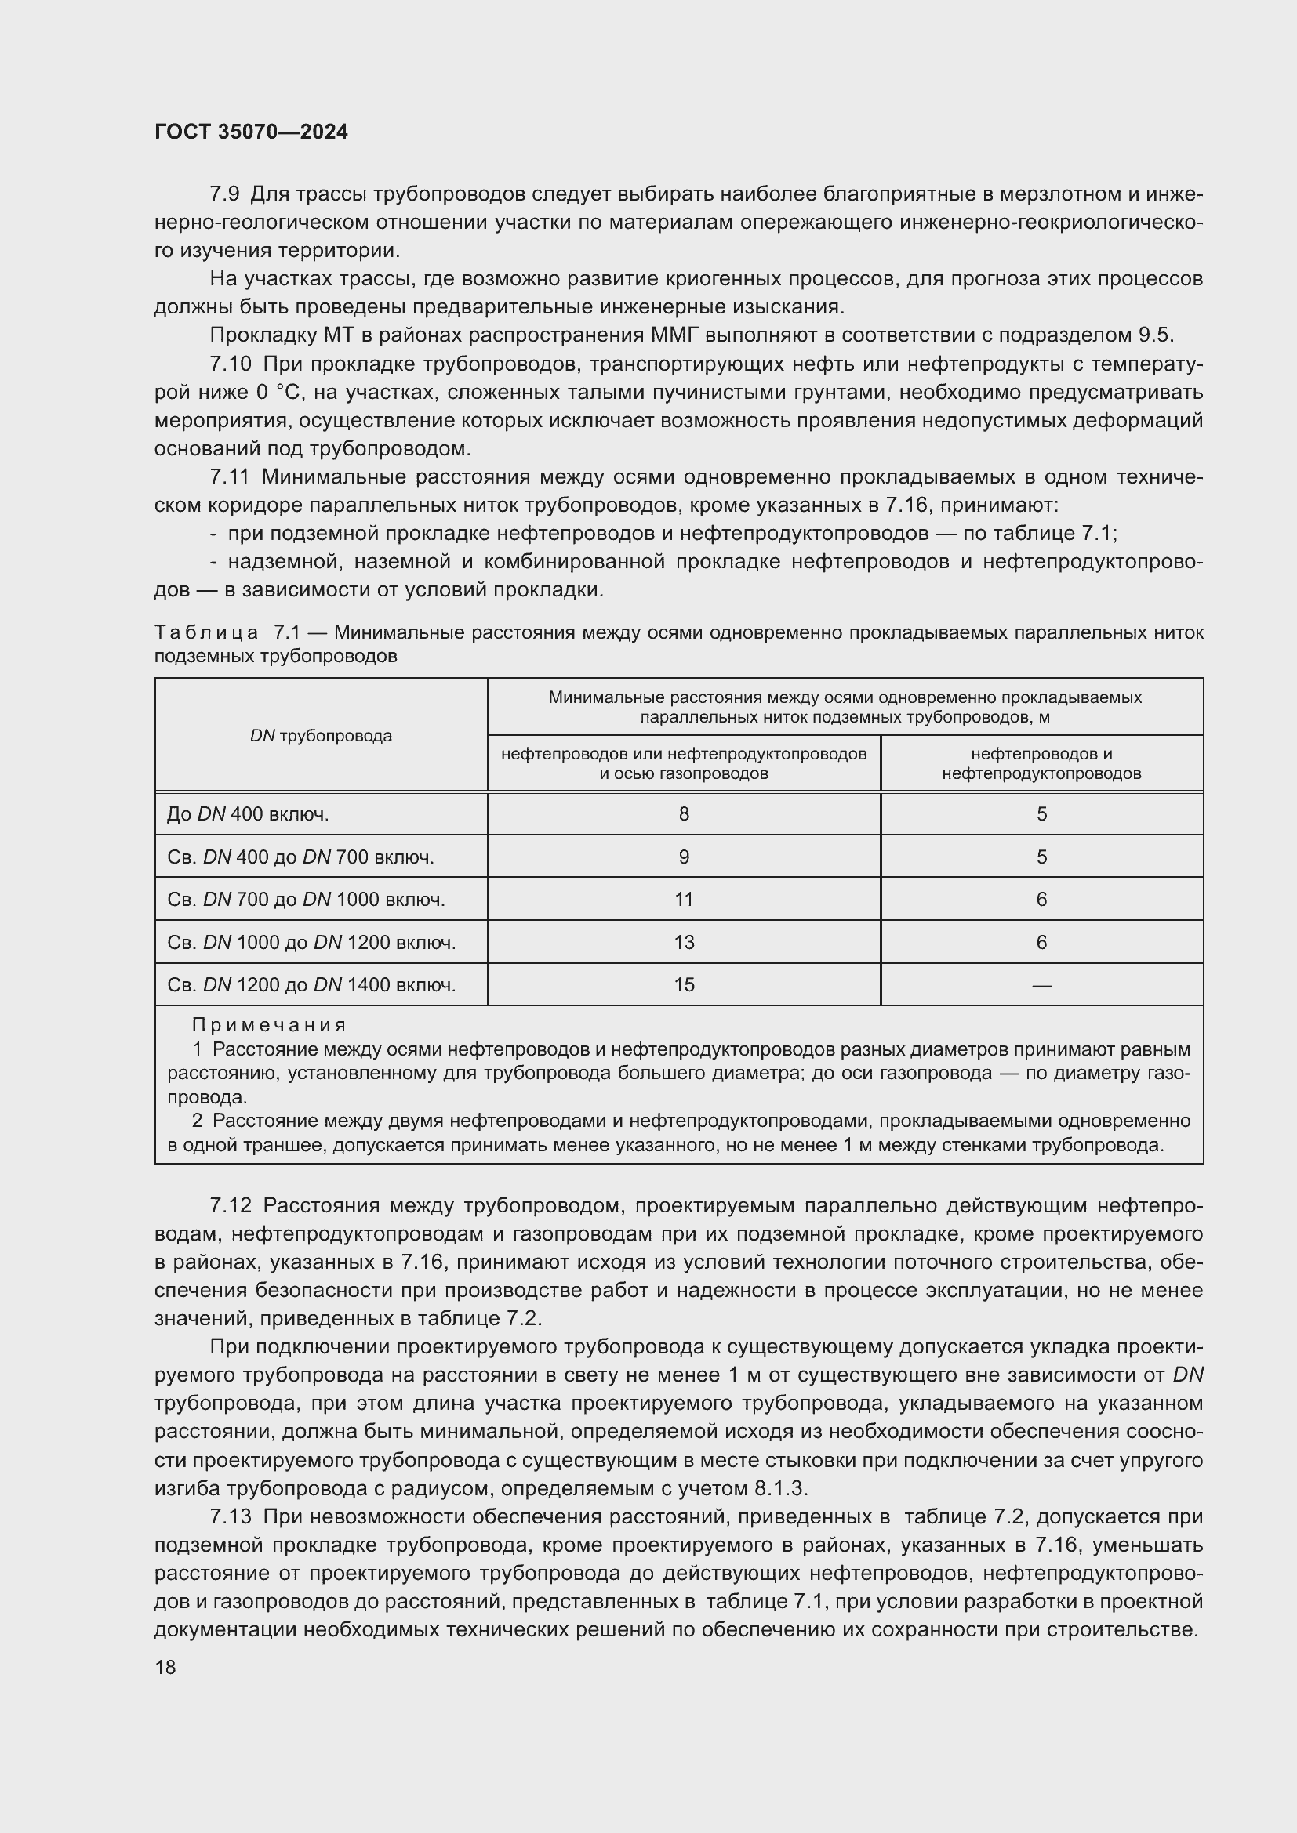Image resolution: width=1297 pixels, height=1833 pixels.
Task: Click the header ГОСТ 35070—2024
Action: point(251,132)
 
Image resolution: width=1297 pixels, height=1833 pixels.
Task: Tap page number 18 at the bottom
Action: point(165,1666)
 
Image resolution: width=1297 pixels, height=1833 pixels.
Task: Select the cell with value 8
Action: point(684,813)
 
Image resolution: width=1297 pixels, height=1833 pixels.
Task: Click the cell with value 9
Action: point(684,857)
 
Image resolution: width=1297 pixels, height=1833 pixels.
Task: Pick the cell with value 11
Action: point(684,899)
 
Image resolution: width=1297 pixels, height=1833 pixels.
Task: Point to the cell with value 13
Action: point(684,942)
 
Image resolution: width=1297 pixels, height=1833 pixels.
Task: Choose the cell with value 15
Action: point(684,984)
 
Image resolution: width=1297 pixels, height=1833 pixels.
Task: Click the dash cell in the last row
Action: point(1041,985)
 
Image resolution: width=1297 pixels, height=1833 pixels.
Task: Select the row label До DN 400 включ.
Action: point(248,813)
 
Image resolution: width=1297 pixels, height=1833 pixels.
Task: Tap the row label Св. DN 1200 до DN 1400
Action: point(311,984)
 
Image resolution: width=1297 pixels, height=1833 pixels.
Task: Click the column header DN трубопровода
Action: point(321,735)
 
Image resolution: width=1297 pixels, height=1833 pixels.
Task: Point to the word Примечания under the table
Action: point(269,1024)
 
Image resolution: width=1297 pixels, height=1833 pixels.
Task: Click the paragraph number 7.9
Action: point(224,194)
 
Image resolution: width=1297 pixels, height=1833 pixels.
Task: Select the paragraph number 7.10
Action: point(230,364)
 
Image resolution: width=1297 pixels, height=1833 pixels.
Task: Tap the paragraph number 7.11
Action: point(230,476)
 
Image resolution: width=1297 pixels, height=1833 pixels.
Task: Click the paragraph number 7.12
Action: point(230,1204)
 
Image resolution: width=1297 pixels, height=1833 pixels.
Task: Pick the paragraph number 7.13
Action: point(230,1516)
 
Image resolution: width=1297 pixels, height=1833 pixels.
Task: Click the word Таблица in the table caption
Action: point(206,632)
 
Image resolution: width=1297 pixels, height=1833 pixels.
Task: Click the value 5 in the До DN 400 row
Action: point(1041,813)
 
